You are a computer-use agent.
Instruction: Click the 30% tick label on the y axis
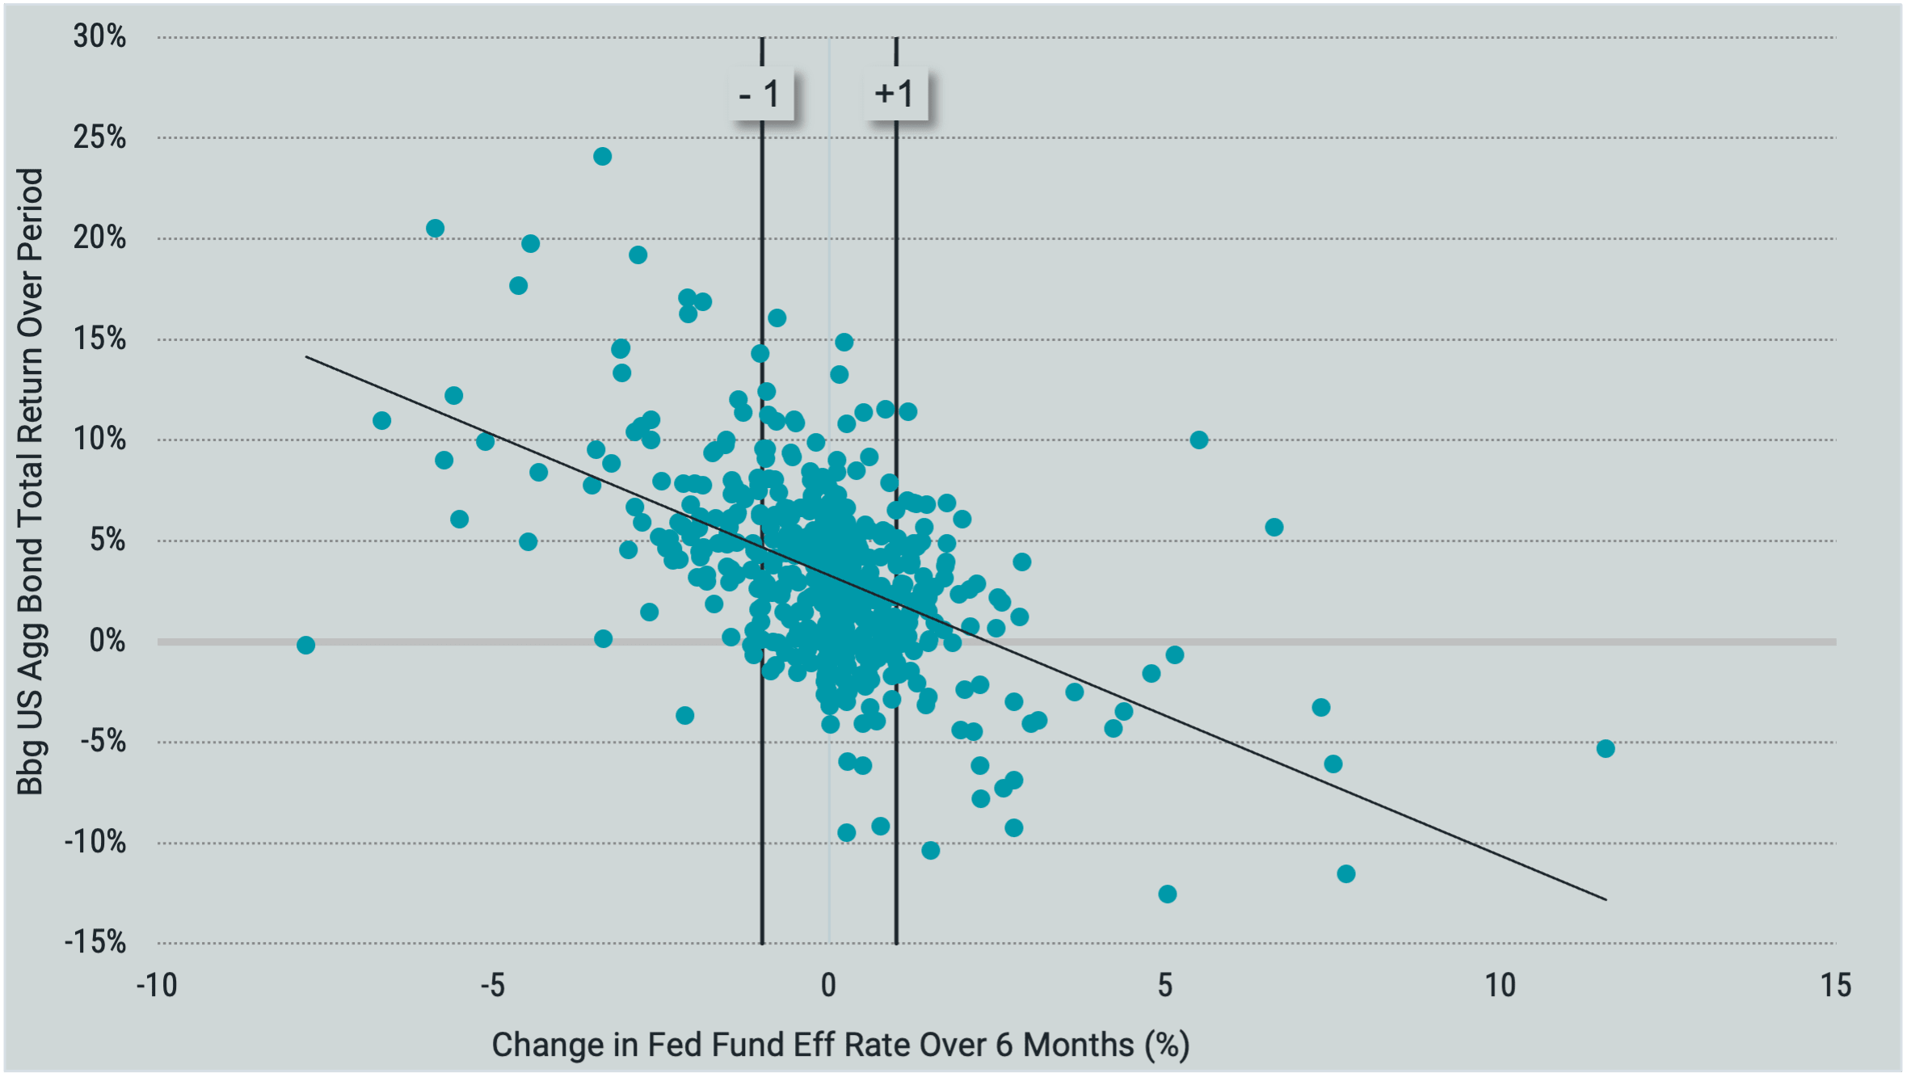click(x=99, y=36)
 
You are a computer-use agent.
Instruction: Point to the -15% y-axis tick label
click(x=95, y=942)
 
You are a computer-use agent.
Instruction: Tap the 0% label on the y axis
click(x=107, y=641)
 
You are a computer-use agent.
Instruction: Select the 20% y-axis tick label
click(x=99, y=238)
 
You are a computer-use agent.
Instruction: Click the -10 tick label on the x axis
click(x=156, y=986)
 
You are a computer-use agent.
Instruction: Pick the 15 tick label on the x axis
click(x=1835, y=986)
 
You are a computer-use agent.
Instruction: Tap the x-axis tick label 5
click(x=1164, y=986)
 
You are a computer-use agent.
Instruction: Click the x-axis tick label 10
click(x=1500, y=986)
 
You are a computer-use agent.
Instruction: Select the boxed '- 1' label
click(x=760, y=95)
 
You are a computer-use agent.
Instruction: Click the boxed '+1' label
click(x=895, y=95)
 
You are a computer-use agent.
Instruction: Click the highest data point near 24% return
click(x=602, y=156)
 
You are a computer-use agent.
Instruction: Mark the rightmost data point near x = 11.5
click(x=1606, y=748)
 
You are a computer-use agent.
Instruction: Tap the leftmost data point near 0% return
click(x=305, y=645)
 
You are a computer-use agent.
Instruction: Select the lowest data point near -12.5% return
click(x=1167, y=894)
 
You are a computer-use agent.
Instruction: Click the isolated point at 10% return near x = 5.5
click(x=1198, y=440)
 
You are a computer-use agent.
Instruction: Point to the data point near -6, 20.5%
click(x=435, y=228)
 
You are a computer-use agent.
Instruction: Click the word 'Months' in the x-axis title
click(x=1078, y=1045)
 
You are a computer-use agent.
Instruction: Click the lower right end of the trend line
click(x=1606, y=899)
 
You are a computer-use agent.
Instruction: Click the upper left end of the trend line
click(x=306, y=356)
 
